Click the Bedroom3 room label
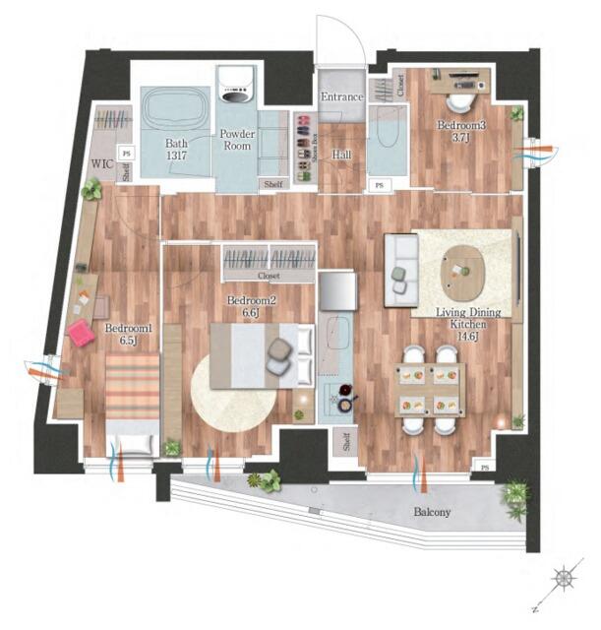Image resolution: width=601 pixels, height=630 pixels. pos(468,131)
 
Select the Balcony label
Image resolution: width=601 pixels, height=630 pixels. pos(431,512)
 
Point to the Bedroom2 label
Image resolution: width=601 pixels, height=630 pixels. pos(251,306)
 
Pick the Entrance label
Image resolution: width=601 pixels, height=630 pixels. pos(341,97)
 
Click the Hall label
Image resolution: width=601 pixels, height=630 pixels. pos(341,155)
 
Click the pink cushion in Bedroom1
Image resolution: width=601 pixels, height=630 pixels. pos(81,335)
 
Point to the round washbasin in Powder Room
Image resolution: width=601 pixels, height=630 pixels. pos(236,94)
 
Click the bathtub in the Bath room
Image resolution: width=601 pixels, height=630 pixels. pos(174,108)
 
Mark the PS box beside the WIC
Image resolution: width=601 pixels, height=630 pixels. pos(126,154)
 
